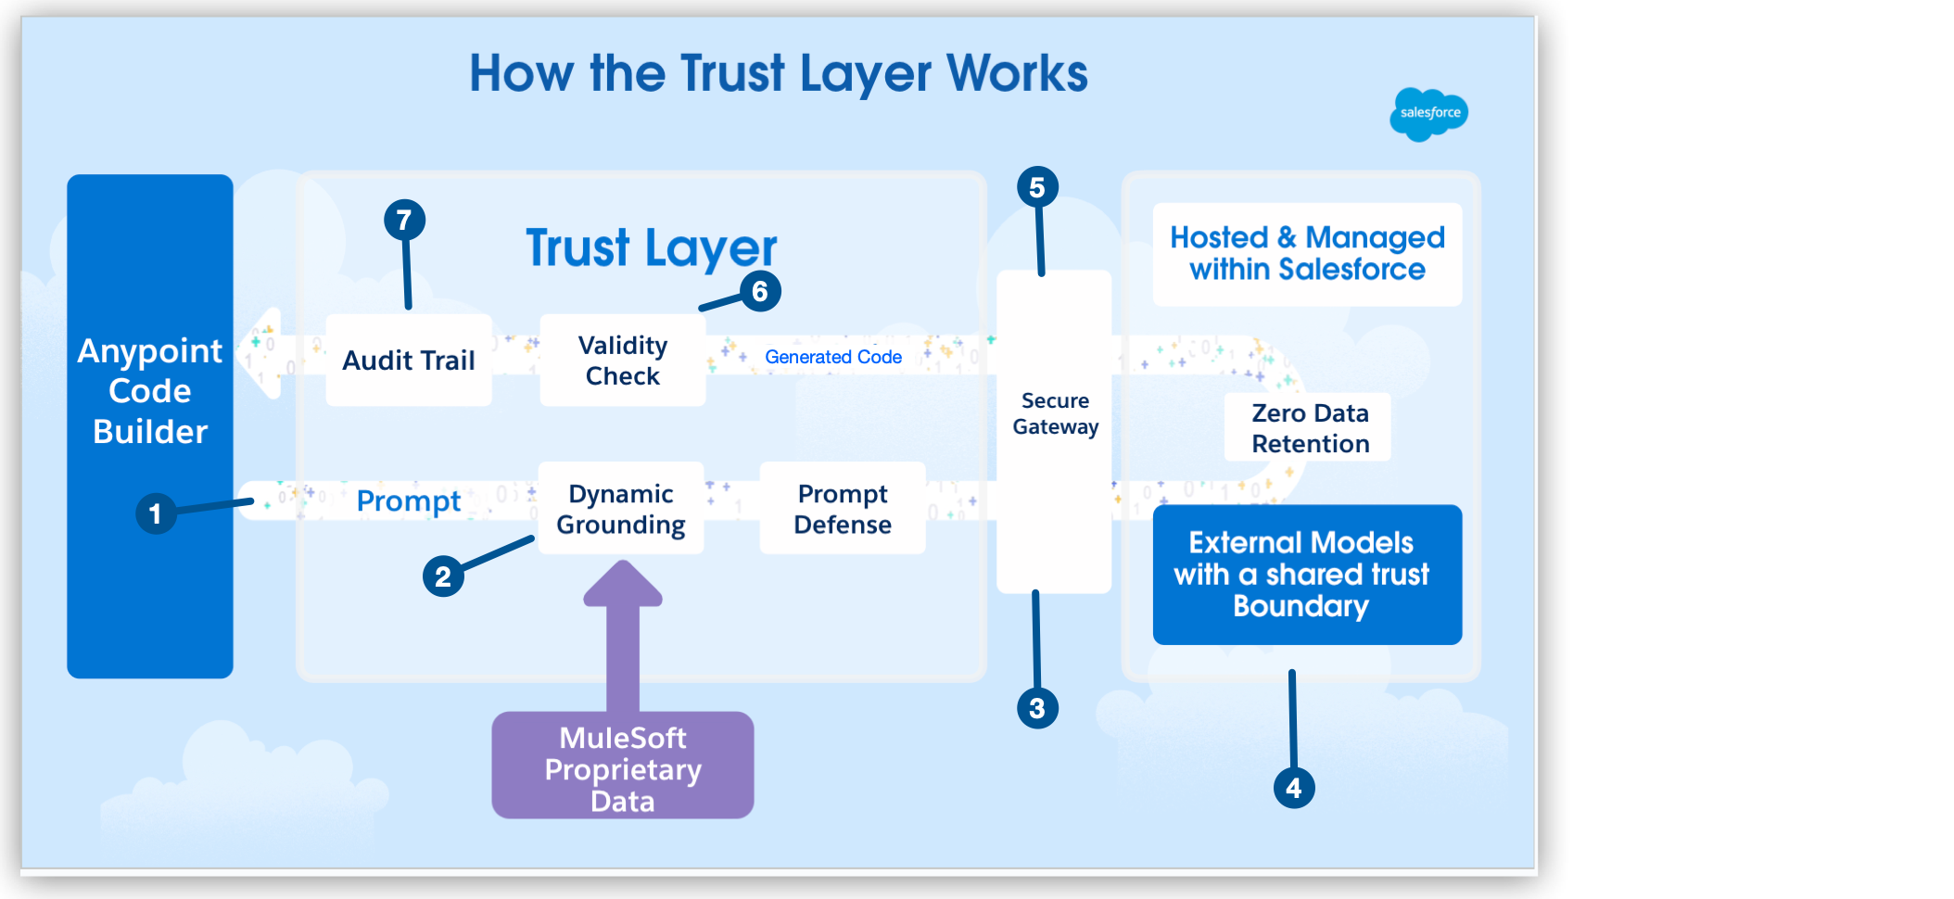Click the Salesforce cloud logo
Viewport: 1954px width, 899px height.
point(1428,114)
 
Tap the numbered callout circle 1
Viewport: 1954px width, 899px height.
point(156,513)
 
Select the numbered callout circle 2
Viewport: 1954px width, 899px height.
point(443,576)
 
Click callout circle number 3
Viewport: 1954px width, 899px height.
point(1037,709)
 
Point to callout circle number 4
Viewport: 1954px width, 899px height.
point(1294,788)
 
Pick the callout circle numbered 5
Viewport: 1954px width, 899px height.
point(1037,187)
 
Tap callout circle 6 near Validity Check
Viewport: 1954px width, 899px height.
point(760,291)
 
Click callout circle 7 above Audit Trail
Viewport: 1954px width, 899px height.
point(404,221)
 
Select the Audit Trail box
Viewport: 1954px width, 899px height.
point(409,361)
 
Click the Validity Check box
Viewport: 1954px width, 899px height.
point(623,361)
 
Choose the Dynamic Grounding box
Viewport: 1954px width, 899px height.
point(621,509)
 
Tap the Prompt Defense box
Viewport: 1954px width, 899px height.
point(843,509)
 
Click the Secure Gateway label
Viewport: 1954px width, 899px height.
point(1055,413)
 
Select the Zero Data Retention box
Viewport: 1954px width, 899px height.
point(1309,428)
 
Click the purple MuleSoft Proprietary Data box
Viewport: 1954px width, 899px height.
point(623,767)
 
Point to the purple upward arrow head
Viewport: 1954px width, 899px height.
point(623,584)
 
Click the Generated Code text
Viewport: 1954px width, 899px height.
point(833,357)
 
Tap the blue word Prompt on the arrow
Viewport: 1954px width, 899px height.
point(408,501)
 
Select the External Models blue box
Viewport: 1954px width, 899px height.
point(1307,575)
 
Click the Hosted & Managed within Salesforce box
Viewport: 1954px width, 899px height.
point(1307,254)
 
